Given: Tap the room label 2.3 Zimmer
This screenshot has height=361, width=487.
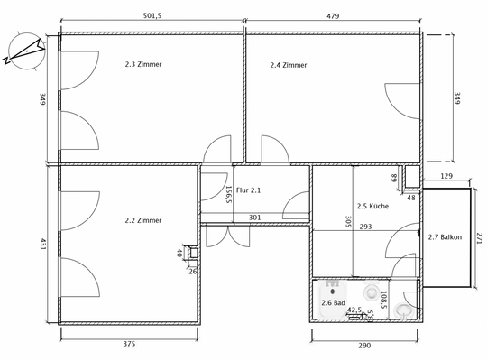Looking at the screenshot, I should pos(143,64).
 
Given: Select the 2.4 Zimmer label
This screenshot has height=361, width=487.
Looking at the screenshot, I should pos(289,65).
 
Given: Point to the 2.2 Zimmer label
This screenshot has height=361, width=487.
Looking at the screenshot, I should pos(142,219).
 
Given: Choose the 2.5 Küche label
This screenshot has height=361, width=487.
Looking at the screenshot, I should pos(372,206).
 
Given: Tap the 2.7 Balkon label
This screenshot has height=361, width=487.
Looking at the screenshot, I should pos(445,237).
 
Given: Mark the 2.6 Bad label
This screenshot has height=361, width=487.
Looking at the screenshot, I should pos(334,302).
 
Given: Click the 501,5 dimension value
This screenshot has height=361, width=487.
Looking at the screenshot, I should pos(152,15).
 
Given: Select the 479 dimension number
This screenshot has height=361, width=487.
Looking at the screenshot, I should pos(334,15).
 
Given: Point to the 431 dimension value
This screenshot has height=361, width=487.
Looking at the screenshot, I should pos(41,244).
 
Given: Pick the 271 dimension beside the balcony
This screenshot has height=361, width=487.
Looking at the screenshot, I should pos(479,238).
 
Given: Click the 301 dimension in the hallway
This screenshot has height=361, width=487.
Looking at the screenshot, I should pos(254,217).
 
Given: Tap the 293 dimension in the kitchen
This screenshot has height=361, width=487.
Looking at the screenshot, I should pos(365,227).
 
